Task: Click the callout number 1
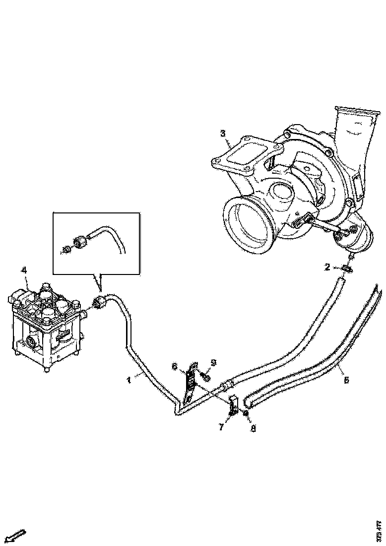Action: [129, 380]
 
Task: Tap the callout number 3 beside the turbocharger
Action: [223, 133]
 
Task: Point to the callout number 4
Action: [23, 271]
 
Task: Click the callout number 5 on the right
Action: [346, 380]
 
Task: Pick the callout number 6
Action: [175, 366]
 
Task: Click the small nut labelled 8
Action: [245, 412]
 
